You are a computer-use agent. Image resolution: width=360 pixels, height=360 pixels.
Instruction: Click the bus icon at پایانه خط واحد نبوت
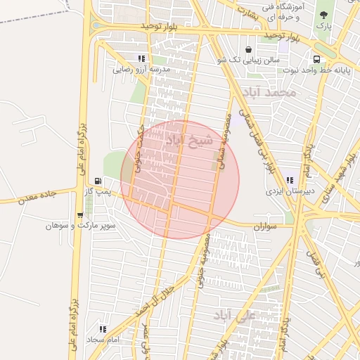coord(316,59)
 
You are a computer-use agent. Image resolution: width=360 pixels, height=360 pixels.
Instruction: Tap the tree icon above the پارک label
coord(323,14)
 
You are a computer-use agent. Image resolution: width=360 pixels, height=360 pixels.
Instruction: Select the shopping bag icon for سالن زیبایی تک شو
coord(250,49)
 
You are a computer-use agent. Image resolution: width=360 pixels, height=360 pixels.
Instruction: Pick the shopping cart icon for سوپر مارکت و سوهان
coord(79,215)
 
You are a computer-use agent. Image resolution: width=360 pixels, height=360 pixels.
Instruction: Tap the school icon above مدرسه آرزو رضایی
coord(141,59)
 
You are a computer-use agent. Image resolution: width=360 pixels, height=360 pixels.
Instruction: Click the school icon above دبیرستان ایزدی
coord(290,180)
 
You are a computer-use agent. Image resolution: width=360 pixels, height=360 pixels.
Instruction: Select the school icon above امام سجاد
coord(103,328)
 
